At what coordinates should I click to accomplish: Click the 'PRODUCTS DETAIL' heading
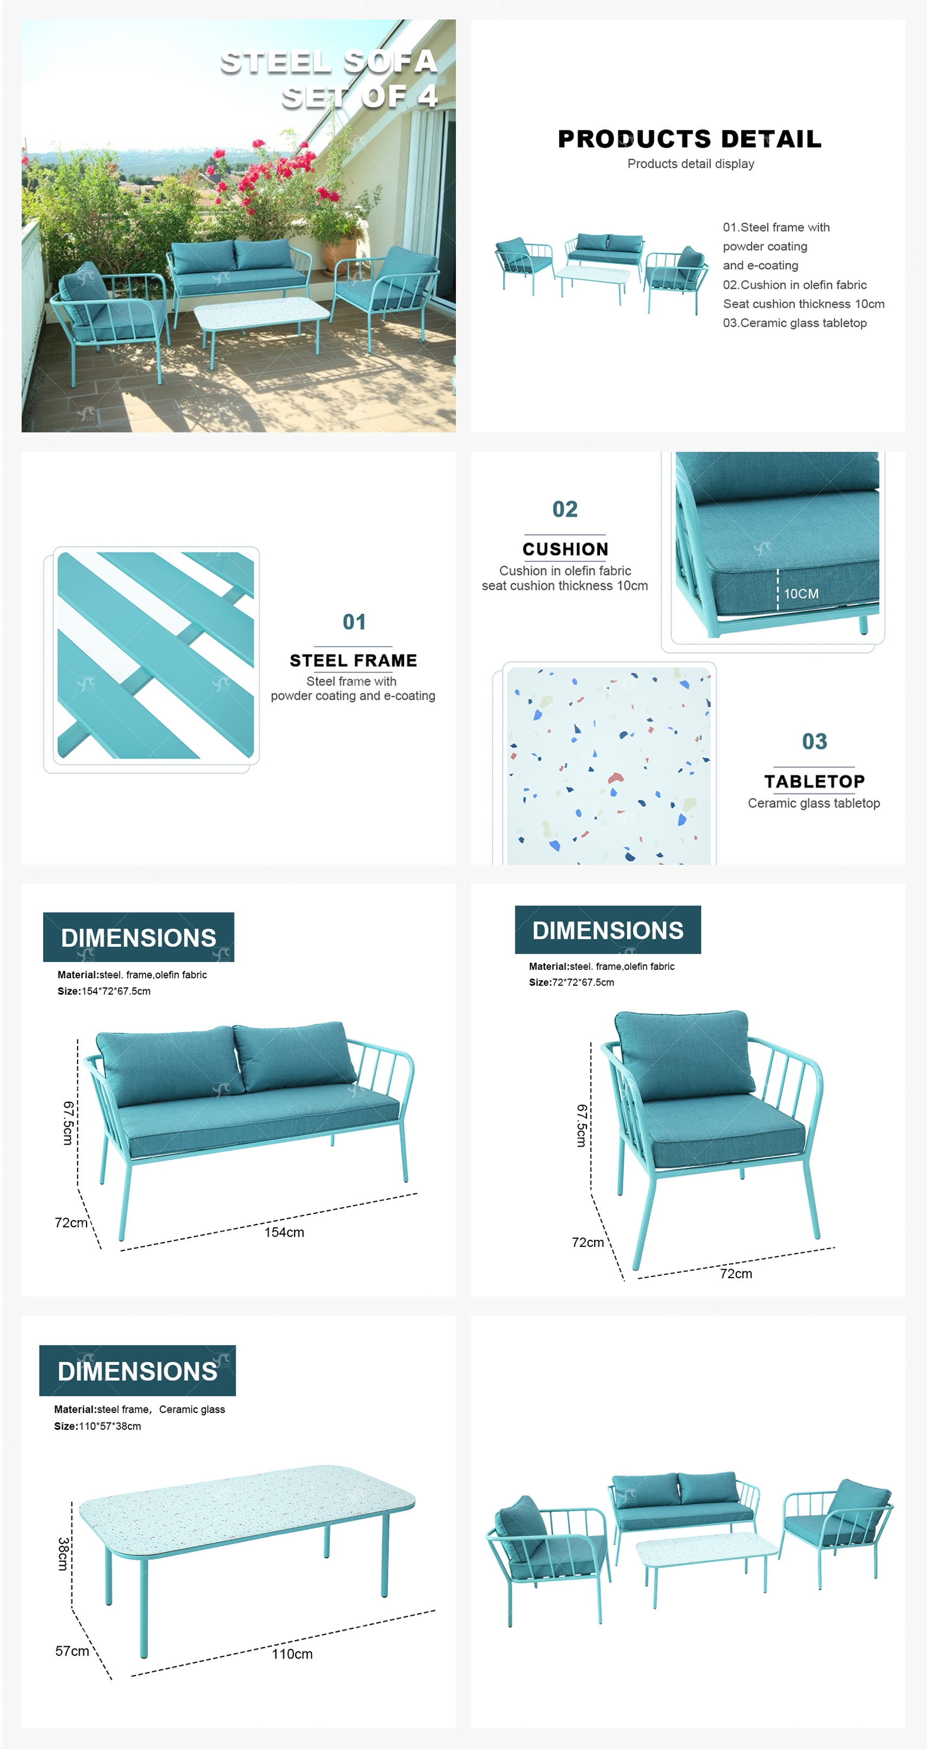[x=689, y=139]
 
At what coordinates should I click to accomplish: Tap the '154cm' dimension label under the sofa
[x=284, y=1232]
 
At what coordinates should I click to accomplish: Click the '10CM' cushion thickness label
[x=801, y=594]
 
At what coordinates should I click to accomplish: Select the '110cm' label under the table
[x=292, y=1654]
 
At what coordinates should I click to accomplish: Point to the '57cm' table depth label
[x=72, y=1651]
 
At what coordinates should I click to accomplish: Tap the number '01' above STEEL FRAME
[x=354, y=622]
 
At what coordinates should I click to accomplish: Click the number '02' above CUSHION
[x=565, y=509]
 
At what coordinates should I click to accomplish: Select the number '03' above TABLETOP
[x=814, y=741]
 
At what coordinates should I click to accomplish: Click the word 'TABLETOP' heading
[x=814, y=781]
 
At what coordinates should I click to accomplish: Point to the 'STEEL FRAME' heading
[x=353, y=661]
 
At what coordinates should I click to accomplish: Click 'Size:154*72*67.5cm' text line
[x=104, y=991]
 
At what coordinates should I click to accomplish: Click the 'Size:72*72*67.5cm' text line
[x=571, y=982]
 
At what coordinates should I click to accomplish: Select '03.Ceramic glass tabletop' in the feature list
[x=794, y=323]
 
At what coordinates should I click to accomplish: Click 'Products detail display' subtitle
[x=691, y=163]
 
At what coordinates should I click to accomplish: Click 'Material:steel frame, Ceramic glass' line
[x=139, y=1410]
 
